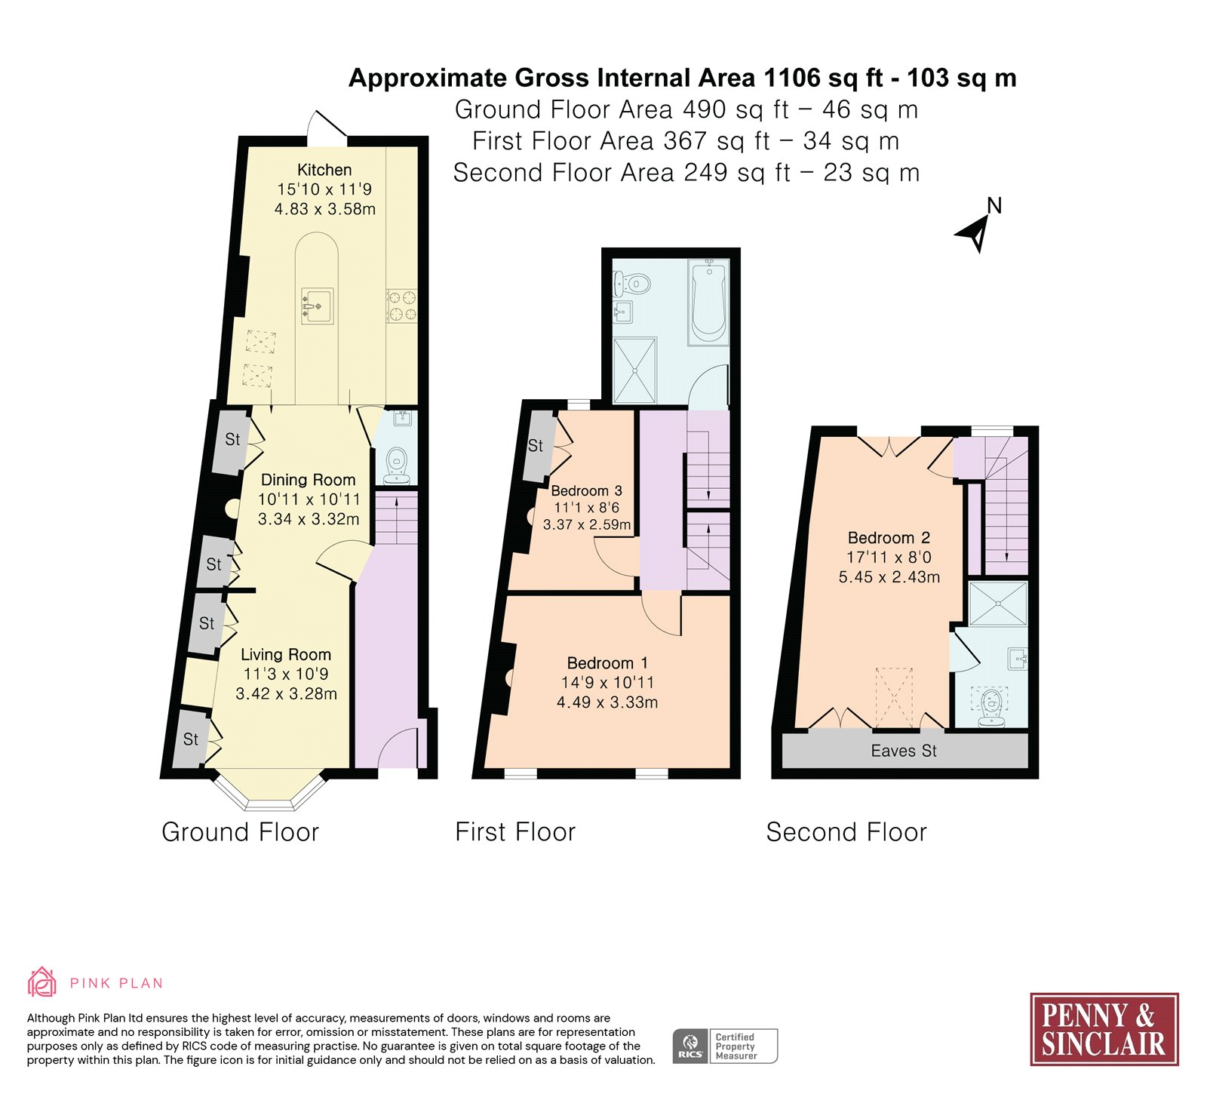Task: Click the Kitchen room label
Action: coord(324,170)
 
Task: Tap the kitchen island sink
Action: coord(318,306)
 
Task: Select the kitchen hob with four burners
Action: coord(401,306)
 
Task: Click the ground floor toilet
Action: coord(397,466)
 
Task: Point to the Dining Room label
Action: coord(308,480)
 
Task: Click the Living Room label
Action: coord(286,655)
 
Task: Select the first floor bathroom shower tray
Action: coord(634,370)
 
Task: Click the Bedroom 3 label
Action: coord(587,490)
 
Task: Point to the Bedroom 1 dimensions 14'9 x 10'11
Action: coord(607,683)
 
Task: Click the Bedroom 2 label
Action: coord(889,538)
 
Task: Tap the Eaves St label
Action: coord(904,751)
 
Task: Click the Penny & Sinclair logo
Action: coord(1104,1029)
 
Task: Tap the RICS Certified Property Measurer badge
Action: coord(725,1046)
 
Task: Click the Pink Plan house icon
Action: coord(42,982)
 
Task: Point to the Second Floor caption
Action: coord(846,832)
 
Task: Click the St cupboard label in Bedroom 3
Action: coord(536,446)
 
